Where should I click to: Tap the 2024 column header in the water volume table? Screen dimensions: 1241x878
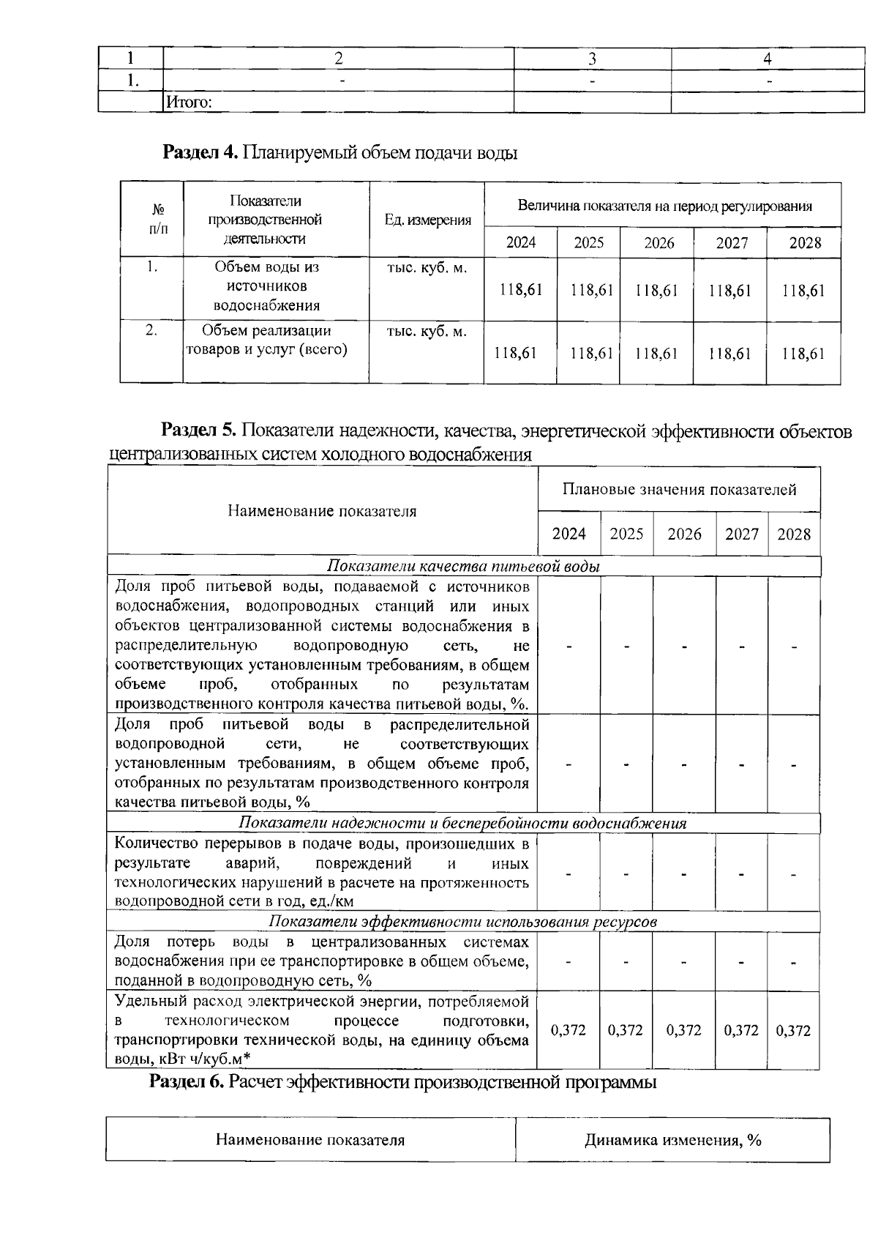coord(520,242)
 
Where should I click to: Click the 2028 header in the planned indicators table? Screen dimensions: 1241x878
coord(794,534)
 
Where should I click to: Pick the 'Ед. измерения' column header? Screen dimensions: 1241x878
coord(427,220)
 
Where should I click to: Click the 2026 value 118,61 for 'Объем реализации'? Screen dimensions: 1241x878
coord(656,354)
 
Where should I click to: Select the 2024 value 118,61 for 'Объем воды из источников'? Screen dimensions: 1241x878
coord(520,290)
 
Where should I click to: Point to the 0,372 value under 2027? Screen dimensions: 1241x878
coord(741,1030)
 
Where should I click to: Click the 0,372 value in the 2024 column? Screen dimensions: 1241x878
coord(568,1030)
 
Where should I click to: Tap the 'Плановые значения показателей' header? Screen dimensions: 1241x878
coord(679,489)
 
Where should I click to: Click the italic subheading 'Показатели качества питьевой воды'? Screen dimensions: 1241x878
coord(463,567)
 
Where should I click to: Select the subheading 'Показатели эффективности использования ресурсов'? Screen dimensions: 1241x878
coord(462,921)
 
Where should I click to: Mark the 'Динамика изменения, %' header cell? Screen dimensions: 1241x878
coord(672,1140)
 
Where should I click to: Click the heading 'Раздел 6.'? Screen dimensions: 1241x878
coord(187,1082)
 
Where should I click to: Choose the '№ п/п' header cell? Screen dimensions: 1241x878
coord(152,220)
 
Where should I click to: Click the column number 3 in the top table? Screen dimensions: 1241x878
coord(592,59)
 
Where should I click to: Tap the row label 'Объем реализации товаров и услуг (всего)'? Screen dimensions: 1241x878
coord(266,340)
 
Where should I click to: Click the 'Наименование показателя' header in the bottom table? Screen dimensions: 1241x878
coord(309,1140)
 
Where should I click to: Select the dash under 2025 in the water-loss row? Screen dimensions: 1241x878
coord(626,961)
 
